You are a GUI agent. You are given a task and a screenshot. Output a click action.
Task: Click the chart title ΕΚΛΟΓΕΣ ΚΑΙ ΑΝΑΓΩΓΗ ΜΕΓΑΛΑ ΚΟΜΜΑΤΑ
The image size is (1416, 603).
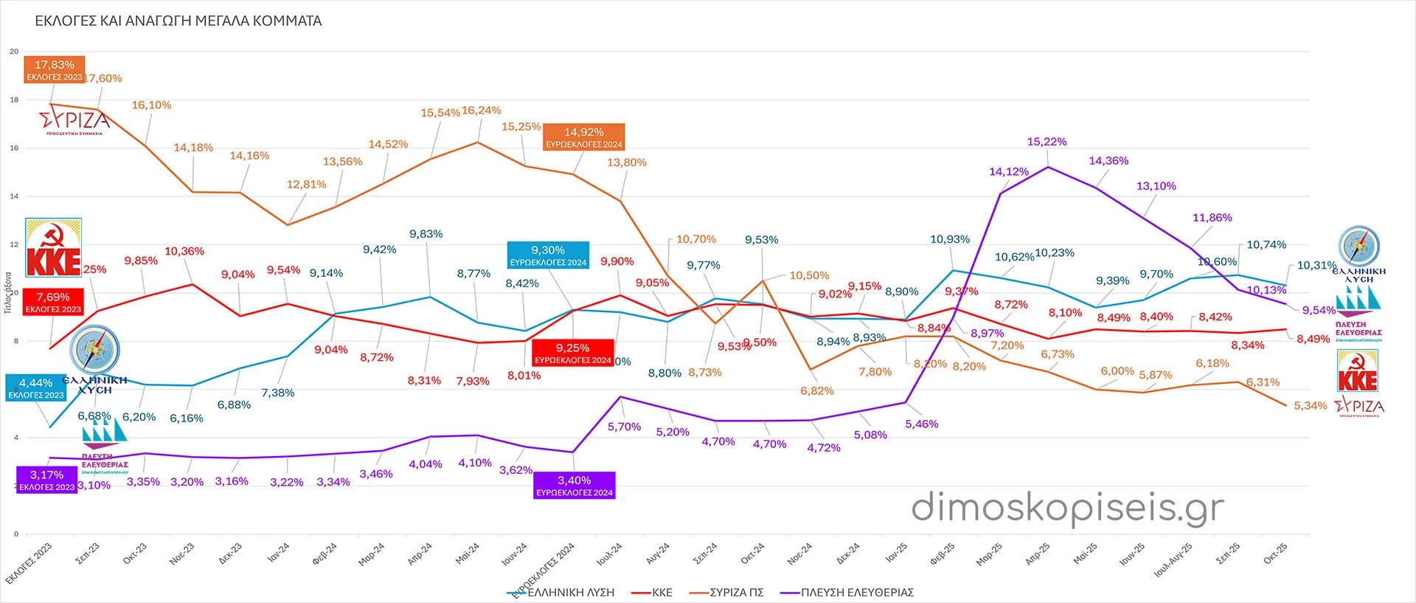[x=178, y=21]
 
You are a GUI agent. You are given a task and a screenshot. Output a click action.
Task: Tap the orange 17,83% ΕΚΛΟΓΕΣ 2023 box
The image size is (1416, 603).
[x=55, y=70]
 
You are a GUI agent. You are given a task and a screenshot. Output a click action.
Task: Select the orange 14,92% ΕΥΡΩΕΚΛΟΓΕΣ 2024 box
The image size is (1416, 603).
[x=584, y=137]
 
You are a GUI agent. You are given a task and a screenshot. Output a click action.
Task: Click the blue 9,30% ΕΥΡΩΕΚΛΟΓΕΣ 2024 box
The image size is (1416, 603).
[x=548, y=255]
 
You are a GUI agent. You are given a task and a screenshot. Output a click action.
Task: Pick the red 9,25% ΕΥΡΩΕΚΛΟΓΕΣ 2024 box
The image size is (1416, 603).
[x=573, y=353]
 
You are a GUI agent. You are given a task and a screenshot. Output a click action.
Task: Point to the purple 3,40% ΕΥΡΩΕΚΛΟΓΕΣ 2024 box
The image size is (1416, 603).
[x=574, y=486]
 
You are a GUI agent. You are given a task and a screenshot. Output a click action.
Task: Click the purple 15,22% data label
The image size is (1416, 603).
[x=1047, y=142]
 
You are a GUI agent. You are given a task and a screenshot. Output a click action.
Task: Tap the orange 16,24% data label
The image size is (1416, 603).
[x=482, y=111]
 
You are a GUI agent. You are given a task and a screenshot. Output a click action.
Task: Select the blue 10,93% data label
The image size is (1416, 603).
[x=950, y=239]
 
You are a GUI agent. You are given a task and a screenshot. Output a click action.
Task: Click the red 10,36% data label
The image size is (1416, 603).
[x=184, y=252]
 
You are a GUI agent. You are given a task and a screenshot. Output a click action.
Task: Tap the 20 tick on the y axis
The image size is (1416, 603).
[x=14, y=52]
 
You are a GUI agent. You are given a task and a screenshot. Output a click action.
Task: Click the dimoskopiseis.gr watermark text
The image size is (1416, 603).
[x=1067, y=508]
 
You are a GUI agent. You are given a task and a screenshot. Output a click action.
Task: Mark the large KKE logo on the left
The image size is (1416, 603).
[x=53, y=248]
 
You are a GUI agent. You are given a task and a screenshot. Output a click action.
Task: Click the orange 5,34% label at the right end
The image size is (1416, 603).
[x=1310, y=406]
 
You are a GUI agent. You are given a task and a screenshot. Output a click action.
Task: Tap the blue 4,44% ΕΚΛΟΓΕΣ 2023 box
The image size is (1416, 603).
[x=36, y=388]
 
